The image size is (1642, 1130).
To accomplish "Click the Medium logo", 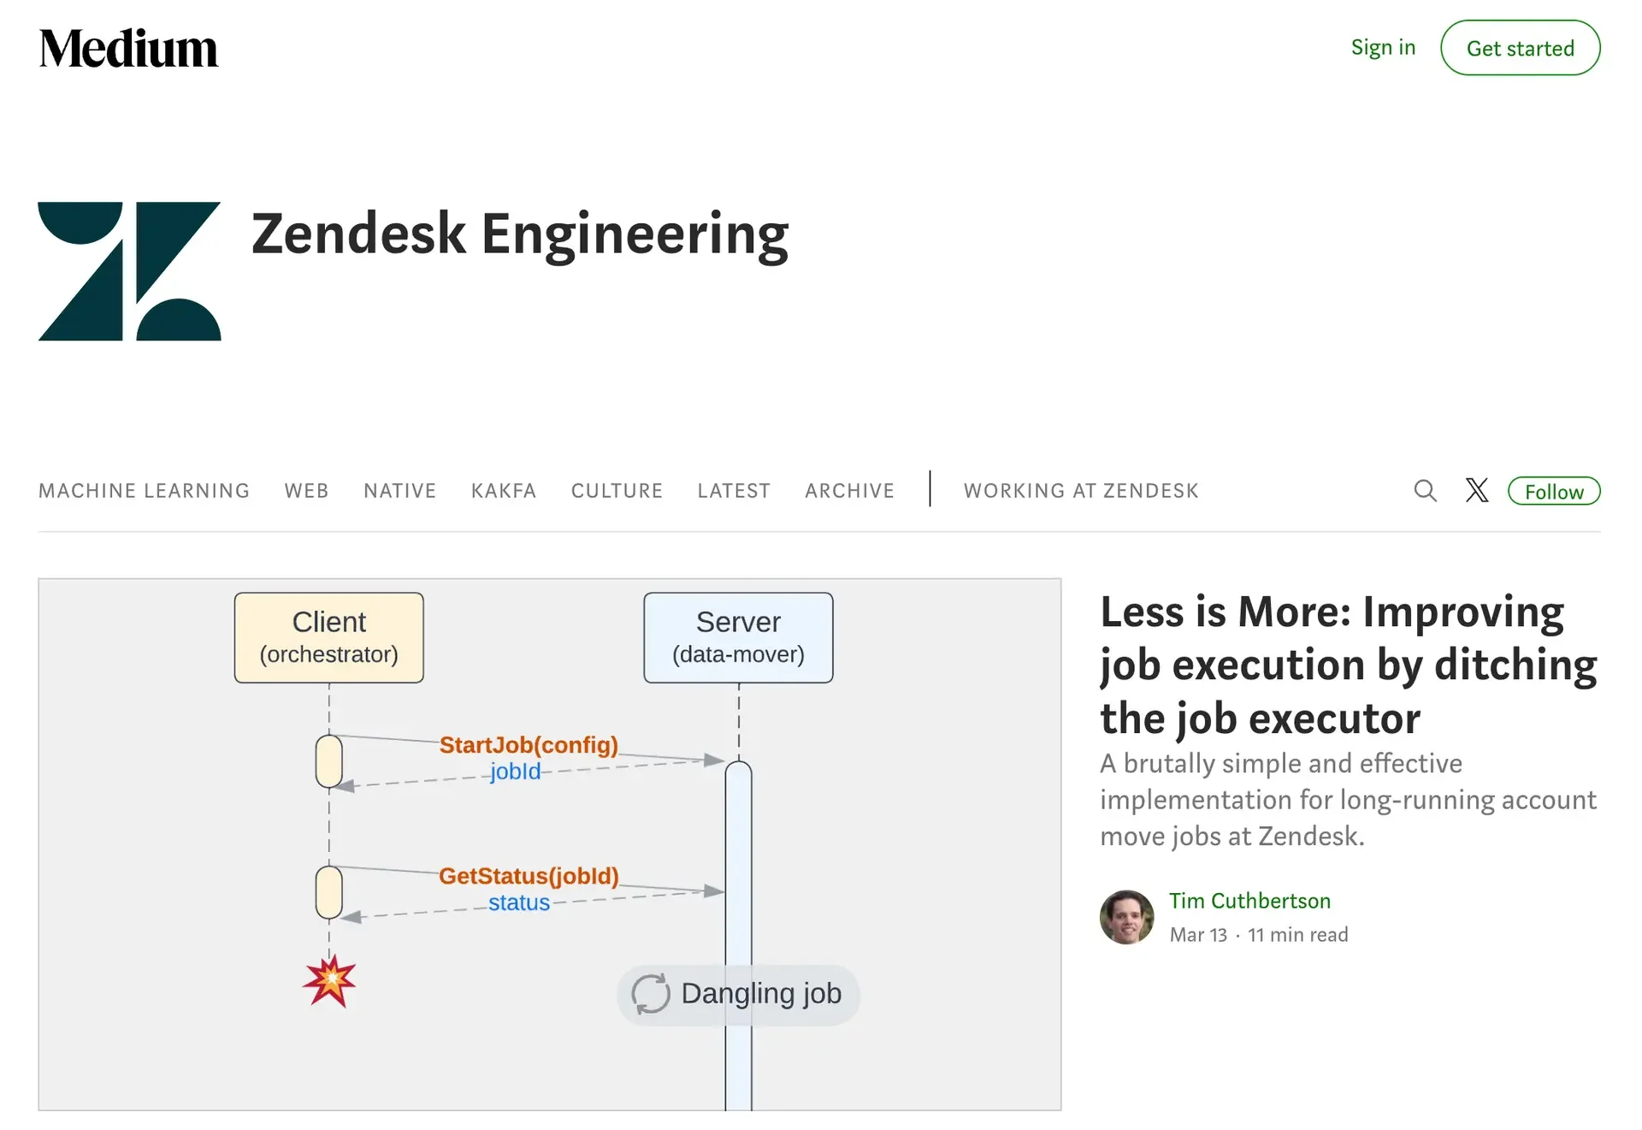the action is [x=128, y=48].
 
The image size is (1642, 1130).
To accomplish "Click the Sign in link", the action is [x=1383, y=48].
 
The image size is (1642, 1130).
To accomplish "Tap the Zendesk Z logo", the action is [x=129, y=271].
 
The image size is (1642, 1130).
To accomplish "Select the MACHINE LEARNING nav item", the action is [x=145, y=491].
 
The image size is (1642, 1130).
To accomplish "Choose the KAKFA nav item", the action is [x=504, y=491].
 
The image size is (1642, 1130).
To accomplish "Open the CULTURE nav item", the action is [x=617, y=491].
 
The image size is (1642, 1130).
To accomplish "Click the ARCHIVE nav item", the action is [x=850, y=491].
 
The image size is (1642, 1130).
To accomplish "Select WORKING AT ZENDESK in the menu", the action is [x=1081, y=491].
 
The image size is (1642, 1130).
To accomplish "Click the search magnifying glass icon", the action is [x=1426, y=491].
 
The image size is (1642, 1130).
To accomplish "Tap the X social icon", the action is [x=1477, y=490].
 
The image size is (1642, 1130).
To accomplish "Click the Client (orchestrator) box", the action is [x=329, y=638].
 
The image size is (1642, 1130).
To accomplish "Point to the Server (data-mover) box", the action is [x=739, y=638].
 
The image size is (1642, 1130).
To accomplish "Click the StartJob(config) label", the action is [x=529, y=745].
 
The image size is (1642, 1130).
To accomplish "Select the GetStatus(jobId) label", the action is [x=529, y=876].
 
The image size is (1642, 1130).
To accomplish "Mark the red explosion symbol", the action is [x=330, y=981].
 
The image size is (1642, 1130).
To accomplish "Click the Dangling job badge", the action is [x=738, y=995].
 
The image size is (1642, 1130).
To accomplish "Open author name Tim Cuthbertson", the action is [x=1249, y=901].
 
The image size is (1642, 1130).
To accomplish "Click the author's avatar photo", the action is [x=1126, y=918].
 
